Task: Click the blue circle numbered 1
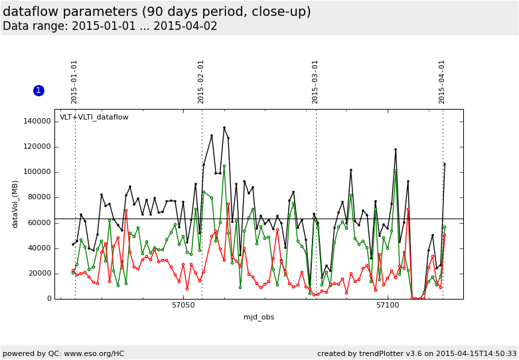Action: click(x=38, y=90)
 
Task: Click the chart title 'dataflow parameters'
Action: click(x=157, y=12)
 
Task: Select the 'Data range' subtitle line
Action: click(x=110, y=27)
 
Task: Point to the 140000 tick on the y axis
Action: click(x=37, y=122)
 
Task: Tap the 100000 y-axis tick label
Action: click(x=37, y=172)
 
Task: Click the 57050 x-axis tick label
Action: click(x=183, y=306)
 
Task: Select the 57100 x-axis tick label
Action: click(x=388, y=306)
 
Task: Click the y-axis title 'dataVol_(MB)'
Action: click(x=15, y=204)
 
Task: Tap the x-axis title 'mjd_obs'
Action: click(x=259, y=317)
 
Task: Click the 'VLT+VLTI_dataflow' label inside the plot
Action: click(x=94, y=118)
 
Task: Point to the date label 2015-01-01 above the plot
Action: click(x=74, y=82)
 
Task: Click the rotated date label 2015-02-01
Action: click(x=201, y=82)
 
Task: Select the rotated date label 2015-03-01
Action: click(x=315, y=82)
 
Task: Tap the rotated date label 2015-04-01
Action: click(x=442, y=82)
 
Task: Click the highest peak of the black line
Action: click(x=224, y=128)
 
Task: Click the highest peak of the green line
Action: click(x=224, y=166)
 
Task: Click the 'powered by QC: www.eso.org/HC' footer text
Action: click(x=64, y=353)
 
